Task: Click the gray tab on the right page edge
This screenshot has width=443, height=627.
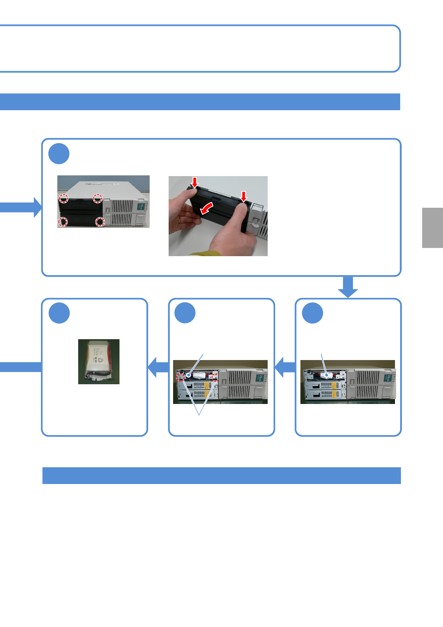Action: click(x=433, y=227)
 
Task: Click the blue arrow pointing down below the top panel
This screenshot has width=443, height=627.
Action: click(x=348, y=287)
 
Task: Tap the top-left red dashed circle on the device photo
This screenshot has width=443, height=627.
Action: click(x=64, y=198)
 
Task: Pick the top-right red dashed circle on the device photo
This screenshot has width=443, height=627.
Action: click(x=97, y=198)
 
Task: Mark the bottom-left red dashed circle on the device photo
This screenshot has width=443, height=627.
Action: click(x=63, y=222)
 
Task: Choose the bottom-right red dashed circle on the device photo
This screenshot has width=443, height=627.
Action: click(x=100, y=222)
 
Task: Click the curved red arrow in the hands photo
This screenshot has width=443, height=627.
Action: click(x=207, y=208)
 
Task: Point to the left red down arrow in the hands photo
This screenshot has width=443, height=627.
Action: click(x=194, y=182)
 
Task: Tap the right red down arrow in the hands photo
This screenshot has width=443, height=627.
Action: click(x=243, y=196)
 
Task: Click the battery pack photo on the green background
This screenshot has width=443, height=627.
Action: click(x=99, y=362)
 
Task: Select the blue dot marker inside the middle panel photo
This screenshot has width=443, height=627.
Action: click(x=189, y=375)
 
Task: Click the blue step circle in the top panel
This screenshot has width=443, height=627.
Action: click(x=59, y=154)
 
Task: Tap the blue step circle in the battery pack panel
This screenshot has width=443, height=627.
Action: click(x=59, y=313)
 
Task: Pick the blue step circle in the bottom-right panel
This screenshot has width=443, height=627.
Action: click(x=312, y=313)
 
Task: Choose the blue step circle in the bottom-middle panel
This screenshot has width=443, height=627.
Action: click(x=185, y=313)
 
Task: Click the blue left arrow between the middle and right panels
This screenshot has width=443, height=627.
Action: click(x=285, y=367)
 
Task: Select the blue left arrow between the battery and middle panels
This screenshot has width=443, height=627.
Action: click(x=158, y=367)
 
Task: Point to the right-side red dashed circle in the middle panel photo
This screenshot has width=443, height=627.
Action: click(x=215, y=378)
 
